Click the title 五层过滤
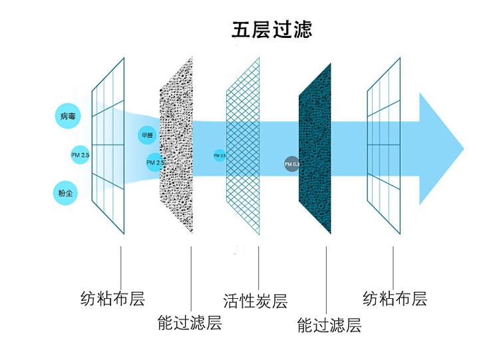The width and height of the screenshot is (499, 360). click(x=271, y=30)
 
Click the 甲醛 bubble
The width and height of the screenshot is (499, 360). click(x=146, y=136)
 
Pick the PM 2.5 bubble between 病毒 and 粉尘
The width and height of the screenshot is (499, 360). click(x=80, y=155)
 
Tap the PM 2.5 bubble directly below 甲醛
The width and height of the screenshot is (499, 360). click(x=155, y=162)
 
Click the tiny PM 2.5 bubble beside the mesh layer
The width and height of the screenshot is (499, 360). click(x=220, y=155)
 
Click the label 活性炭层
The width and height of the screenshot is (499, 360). click(x=255, y=301)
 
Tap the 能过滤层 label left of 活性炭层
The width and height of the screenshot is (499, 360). click(x=189, y=323)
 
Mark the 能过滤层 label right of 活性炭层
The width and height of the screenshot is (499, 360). click(x=329, y=325)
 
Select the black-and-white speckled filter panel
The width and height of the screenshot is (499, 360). click(x=176, y=146)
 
